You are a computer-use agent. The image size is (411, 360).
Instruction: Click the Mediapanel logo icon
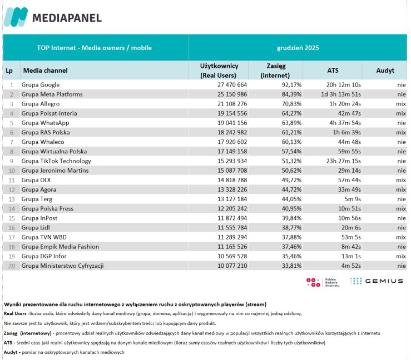(x=16, y=17)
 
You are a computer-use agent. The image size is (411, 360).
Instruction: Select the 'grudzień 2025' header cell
(x=298, y=48)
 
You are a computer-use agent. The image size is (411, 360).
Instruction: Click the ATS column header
(x=333, y=71)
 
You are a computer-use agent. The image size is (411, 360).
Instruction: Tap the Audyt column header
(x=385, y=71)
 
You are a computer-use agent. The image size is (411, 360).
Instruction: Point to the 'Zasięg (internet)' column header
(x=275, y=71)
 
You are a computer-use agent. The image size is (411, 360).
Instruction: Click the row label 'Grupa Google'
(x=41, y=84)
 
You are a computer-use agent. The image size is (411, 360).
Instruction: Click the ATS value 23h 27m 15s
(x=343, y=161)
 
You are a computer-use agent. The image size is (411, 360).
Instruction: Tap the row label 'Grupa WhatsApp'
(x=45, y=122)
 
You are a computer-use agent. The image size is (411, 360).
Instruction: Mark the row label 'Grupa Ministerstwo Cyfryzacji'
(x=62, y=266)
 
